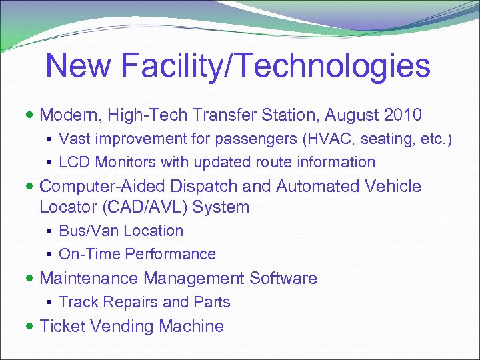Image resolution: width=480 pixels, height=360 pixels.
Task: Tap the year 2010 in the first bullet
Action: click(403, 115)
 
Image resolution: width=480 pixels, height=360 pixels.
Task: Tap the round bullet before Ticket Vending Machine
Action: click(32, 327)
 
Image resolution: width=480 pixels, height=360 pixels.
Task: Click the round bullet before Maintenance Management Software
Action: click(32, 279)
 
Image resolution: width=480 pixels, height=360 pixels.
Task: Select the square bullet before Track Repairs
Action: click(51, 303)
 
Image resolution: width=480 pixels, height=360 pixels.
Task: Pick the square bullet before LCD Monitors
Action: click(51, 163)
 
